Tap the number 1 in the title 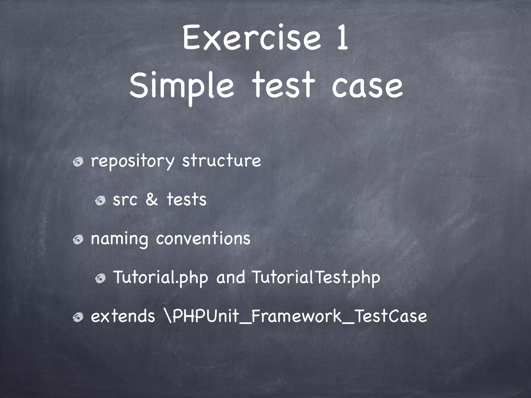pos(342,38)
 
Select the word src pos(125,200)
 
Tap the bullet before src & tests pos(100,201)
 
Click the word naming pos(119,239)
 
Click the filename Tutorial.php pos(161,277)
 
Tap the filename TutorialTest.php pos(316,277)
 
